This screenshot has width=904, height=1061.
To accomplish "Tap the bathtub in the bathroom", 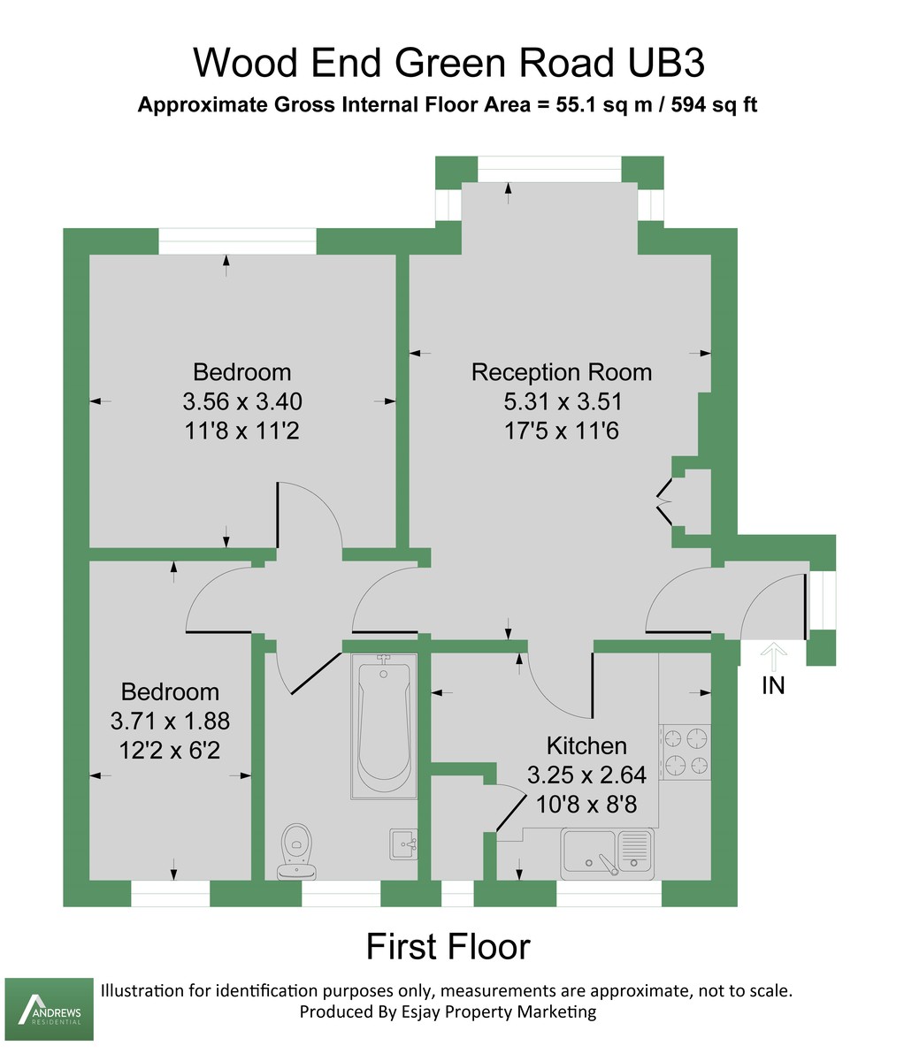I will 383,726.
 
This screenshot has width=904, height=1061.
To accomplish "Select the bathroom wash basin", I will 403,843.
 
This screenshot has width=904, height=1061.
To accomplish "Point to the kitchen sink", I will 607,854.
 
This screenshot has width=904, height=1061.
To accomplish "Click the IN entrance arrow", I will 773,659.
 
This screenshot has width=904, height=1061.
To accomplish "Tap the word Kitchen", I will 586,745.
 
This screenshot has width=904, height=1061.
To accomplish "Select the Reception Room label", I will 562,372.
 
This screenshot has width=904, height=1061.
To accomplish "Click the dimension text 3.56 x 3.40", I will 242,401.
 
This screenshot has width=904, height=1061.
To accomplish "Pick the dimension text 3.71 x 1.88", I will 170,721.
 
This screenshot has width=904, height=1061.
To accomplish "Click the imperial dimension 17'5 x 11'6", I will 563,431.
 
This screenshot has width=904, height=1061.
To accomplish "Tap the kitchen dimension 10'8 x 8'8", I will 586,805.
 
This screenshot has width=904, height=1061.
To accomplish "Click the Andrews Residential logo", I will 50,1009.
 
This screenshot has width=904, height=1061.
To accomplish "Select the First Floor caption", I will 448,946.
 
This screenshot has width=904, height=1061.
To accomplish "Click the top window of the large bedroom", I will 237,240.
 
